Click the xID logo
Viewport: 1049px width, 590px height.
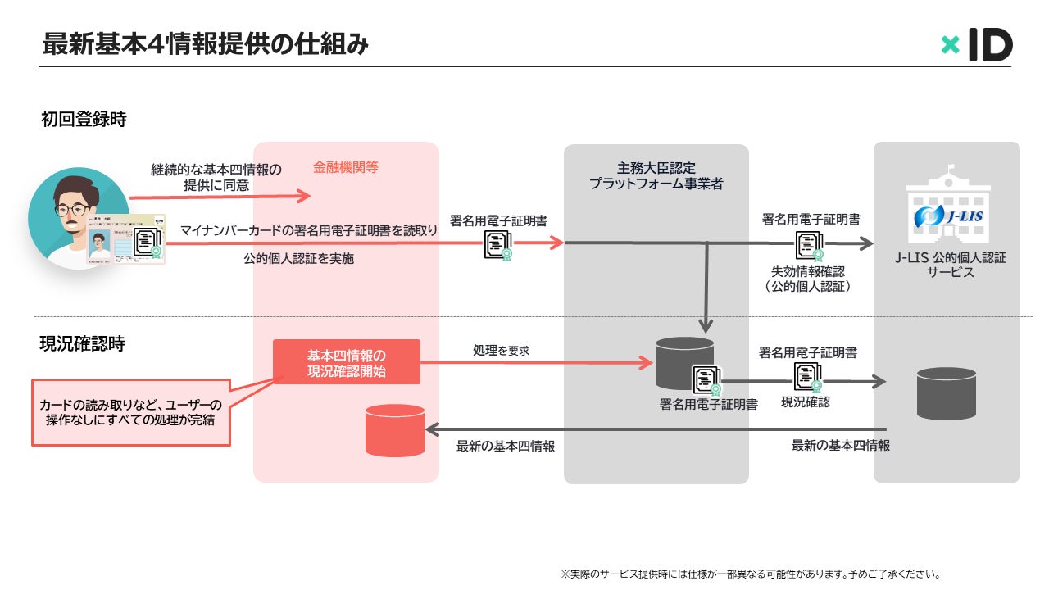click(x=977, y=44)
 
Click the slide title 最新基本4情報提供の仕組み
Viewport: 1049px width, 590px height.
click(x=206, y=44)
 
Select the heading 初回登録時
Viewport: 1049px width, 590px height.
click(x=84, y=120)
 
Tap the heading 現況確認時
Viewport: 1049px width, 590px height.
click(x=83, y=343)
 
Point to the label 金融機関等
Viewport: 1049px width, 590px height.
click(x=346, y=167)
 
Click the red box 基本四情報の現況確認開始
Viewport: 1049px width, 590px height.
click(x=347, y=362)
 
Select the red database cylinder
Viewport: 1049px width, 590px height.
click(x=395, y=430)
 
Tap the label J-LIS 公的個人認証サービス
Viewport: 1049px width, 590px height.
click(x=951, y=265)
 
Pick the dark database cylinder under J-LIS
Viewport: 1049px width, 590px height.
click(x=947, y=393)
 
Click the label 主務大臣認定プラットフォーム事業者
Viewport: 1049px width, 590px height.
click(x=656, y=175)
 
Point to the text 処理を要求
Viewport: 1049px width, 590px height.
click(x=501, y=350)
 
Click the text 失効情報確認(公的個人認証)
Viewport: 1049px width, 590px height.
click(x=810, y=279)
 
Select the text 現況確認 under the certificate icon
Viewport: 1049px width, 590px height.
click(x=806, y=402)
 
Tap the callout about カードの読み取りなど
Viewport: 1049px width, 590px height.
click(x=131, y=412)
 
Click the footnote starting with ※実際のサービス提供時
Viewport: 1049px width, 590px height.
click(x=751, y=574)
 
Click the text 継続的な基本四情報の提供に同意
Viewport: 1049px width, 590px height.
click(x=216, y=177)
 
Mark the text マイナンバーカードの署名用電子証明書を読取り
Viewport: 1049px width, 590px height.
click(x=309, y=230)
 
